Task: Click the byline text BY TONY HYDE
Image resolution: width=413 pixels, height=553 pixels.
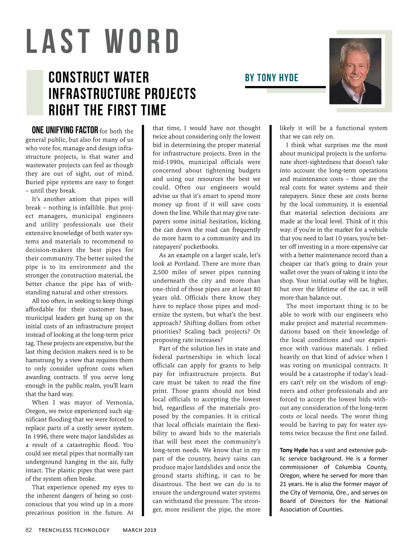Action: [272, 78]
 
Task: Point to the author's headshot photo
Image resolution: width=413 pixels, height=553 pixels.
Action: [355, 71]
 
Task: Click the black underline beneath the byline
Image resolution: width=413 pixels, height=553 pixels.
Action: [285, 87]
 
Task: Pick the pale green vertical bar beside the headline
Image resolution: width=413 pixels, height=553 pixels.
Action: [34, 93]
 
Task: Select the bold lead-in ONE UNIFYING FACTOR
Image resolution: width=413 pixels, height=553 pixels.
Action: [65, 130]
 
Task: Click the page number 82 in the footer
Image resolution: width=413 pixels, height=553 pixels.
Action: [29, 530]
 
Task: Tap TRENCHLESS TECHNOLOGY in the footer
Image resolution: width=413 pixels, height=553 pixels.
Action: [74, 530]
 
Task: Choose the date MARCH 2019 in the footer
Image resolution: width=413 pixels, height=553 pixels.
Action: [139, 530]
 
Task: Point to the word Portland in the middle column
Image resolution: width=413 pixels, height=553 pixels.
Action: [186, 264]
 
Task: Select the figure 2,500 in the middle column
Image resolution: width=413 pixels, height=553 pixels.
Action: [161, 272]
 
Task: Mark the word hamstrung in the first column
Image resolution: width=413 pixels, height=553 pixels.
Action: [41, 360]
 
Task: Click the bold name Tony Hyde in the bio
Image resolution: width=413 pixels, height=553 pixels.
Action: [294, 450]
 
